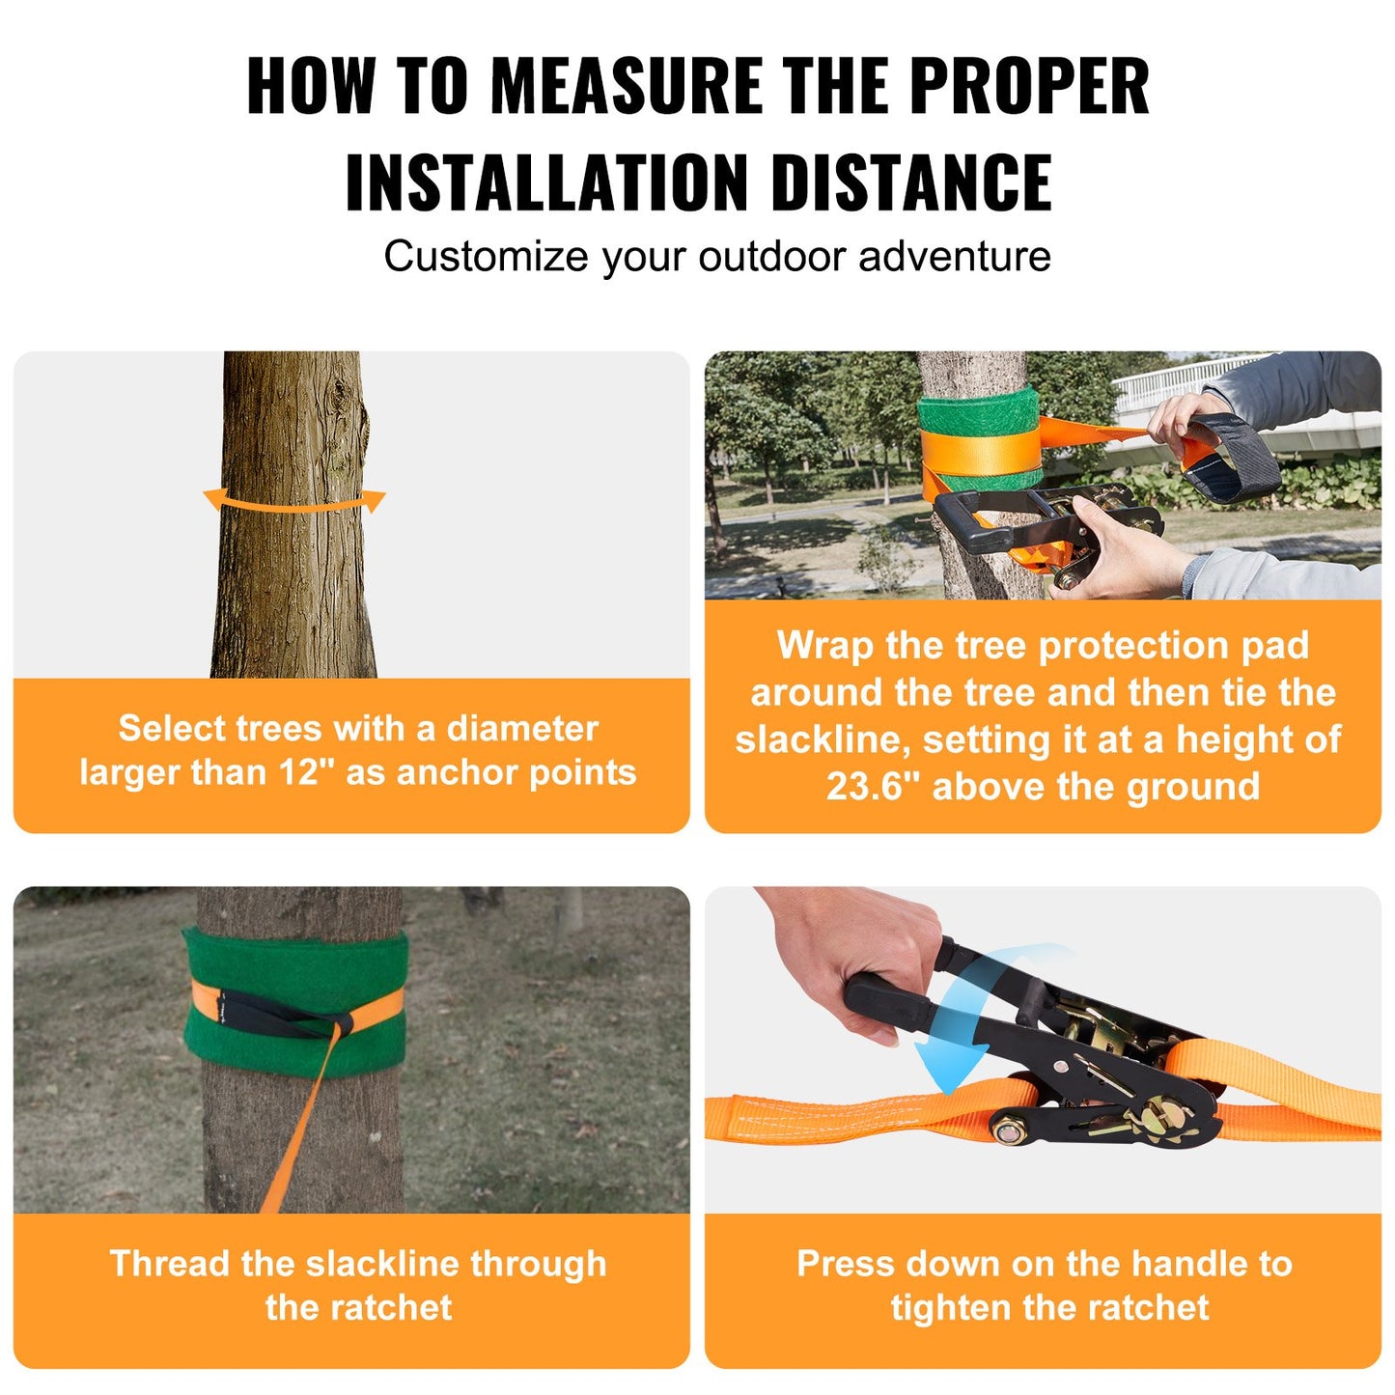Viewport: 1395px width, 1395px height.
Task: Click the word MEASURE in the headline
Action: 627,86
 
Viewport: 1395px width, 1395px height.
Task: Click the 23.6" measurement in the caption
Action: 873,787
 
